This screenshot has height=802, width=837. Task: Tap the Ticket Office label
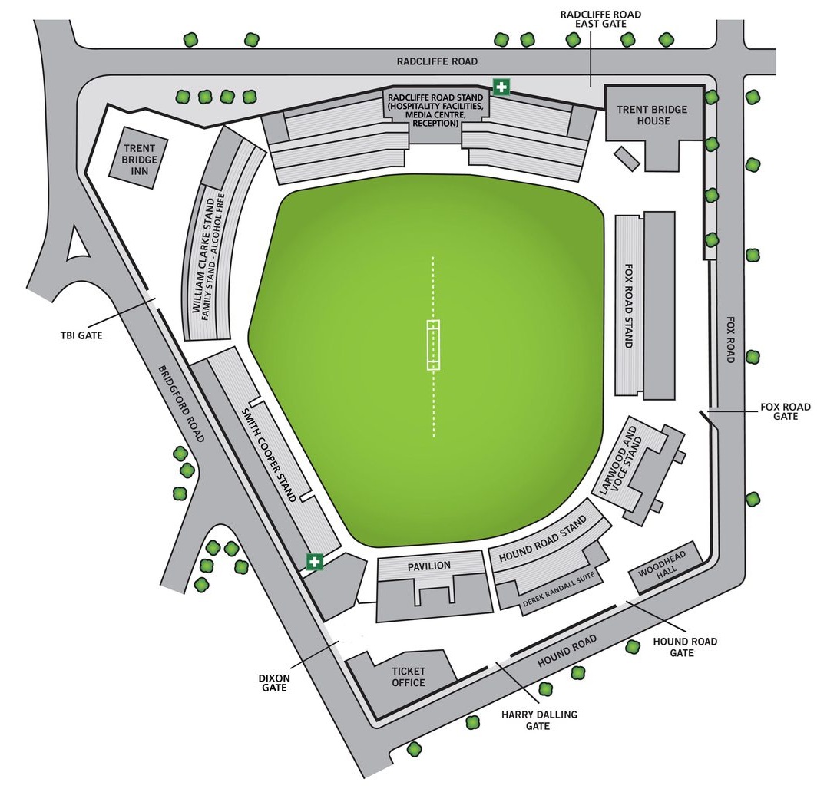tap(408, 677)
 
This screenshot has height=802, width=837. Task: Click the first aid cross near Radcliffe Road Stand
tap(501, 87)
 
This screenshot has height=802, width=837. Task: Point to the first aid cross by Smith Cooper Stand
tap(314, 562)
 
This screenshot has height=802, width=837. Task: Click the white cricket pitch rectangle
tap(434, 345)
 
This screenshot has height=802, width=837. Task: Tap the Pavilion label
tap(429, 566)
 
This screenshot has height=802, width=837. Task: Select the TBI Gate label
tap(81, 335)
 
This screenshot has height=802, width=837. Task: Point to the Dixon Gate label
tap(274, 682)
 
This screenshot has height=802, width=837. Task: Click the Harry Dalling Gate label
tap(539, 720)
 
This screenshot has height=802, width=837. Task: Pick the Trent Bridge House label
tap(653, 115)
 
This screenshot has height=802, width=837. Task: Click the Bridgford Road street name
tap(181, 403)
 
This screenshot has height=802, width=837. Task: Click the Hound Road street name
tap(567, 652)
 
